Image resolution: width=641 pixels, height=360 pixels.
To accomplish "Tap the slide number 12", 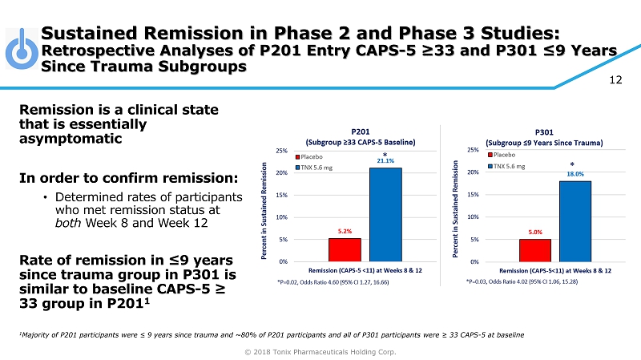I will (x=616, y=79).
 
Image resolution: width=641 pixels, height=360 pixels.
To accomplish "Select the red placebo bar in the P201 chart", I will (x=345, y=249).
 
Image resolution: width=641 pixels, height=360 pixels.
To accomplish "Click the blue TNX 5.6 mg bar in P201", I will (x=385, y=214).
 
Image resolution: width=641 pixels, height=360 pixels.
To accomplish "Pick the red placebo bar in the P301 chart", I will (x=534, y=250).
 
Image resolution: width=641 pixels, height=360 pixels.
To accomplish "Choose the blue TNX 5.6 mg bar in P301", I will (x=574, y=221).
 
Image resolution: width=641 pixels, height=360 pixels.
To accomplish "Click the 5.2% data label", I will (x=345, y=231).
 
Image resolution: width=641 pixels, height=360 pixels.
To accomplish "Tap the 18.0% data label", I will (x=575, y=173).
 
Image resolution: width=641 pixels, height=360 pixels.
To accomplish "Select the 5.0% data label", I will (x=534, y=232).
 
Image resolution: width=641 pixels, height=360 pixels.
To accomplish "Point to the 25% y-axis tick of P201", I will (x=281, y=150).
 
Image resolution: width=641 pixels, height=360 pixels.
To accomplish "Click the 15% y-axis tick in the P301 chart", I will (x=472, y=195).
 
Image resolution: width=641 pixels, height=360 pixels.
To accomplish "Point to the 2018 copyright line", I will (x=320, y=351).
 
